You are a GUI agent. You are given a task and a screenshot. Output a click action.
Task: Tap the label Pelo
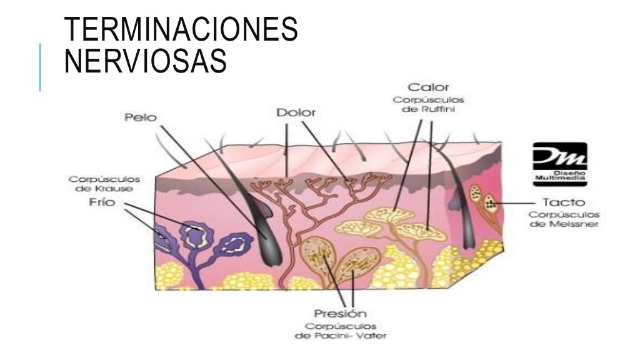coord(141,117)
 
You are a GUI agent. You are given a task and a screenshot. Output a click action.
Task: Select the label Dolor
coord(296,114)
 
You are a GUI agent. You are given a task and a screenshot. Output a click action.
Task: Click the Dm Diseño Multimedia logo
coord(560,163)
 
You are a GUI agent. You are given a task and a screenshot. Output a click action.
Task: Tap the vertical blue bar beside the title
coord(40,67)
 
